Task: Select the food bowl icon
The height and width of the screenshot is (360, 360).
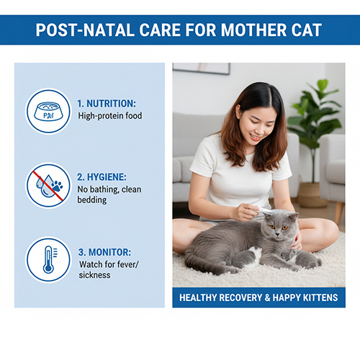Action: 48,111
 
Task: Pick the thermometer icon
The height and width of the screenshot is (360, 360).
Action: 48,259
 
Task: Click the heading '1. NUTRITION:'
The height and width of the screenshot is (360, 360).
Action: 106,103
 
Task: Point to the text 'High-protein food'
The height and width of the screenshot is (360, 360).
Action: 110,116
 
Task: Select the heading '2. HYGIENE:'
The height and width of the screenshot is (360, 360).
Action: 103,177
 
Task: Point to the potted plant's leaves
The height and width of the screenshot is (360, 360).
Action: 315,115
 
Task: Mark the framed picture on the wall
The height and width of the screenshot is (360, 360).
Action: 202,68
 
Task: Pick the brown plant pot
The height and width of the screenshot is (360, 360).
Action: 314,194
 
